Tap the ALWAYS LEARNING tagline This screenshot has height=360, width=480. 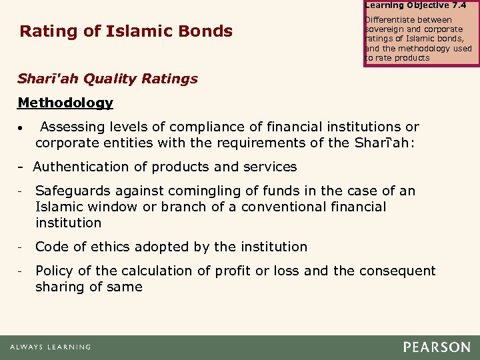tap(50, 347)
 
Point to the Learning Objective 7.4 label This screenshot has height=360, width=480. tap(415, 5)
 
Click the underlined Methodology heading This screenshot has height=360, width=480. tap(65, 103)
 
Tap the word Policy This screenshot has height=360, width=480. tap(54, 271)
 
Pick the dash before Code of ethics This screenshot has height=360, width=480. tap(21, 247)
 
